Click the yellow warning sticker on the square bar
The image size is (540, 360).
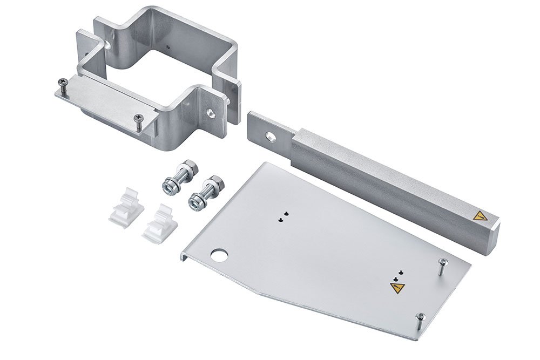tap(478, 217)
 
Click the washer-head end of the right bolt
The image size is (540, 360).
tap(197, 202)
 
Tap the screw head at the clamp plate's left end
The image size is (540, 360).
tap(62, 82)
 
